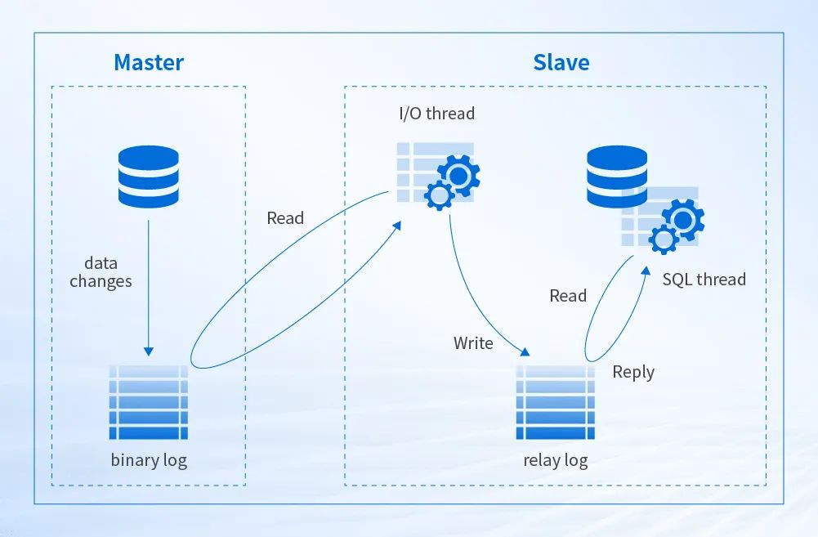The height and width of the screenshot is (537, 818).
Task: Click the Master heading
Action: (x=149, y=62)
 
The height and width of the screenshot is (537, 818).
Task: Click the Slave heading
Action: (x=561, y=62)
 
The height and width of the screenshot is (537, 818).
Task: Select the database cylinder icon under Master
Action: (x=148, y=177)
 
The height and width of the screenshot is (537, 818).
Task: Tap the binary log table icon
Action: (x=148, y=403)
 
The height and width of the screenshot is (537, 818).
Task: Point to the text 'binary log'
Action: (x=149, y=460)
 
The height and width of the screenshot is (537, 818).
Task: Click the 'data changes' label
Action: (x=101, y=272)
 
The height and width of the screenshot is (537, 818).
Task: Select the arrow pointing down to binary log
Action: (x=148, y=286)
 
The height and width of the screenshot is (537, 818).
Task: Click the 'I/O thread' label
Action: (x=436, y=114)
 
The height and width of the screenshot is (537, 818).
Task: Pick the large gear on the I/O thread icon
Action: (x=458, y=175)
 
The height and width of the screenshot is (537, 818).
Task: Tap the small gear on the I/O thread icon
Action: (x=440, y=195)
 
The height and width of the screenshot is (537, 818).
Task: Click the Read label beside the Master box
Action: (x=285, y=218)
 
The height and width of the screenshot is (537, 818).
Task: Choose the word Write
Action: (x=473, y=343)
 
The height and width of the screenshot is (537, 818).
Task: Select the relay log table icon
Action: (x=555, y=403)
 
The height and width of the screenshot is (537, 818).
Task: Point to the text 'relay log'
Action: (x=555, y=460)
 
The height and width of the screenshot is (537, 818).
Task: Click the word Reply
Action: (x=633, y=372)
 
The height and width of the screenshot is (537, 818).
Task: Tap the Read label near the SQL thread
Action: (x=568, y=296)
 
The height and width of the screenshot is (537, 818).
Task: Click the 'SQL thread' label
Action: (x=704, y=280)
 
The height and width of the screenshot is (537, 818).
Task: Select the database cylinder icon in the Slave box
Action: (x=617, y=177)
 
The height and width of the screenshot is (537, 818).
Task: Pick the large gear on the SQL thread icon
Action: (x=683, y=219)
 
